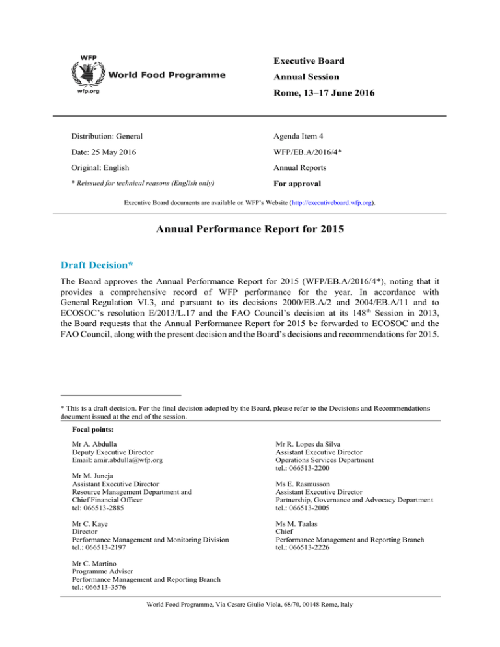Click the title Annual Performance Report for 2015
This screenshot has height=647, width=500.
[250, 232]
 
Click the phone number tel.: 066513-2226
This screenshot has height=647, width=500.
[307, 549]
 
